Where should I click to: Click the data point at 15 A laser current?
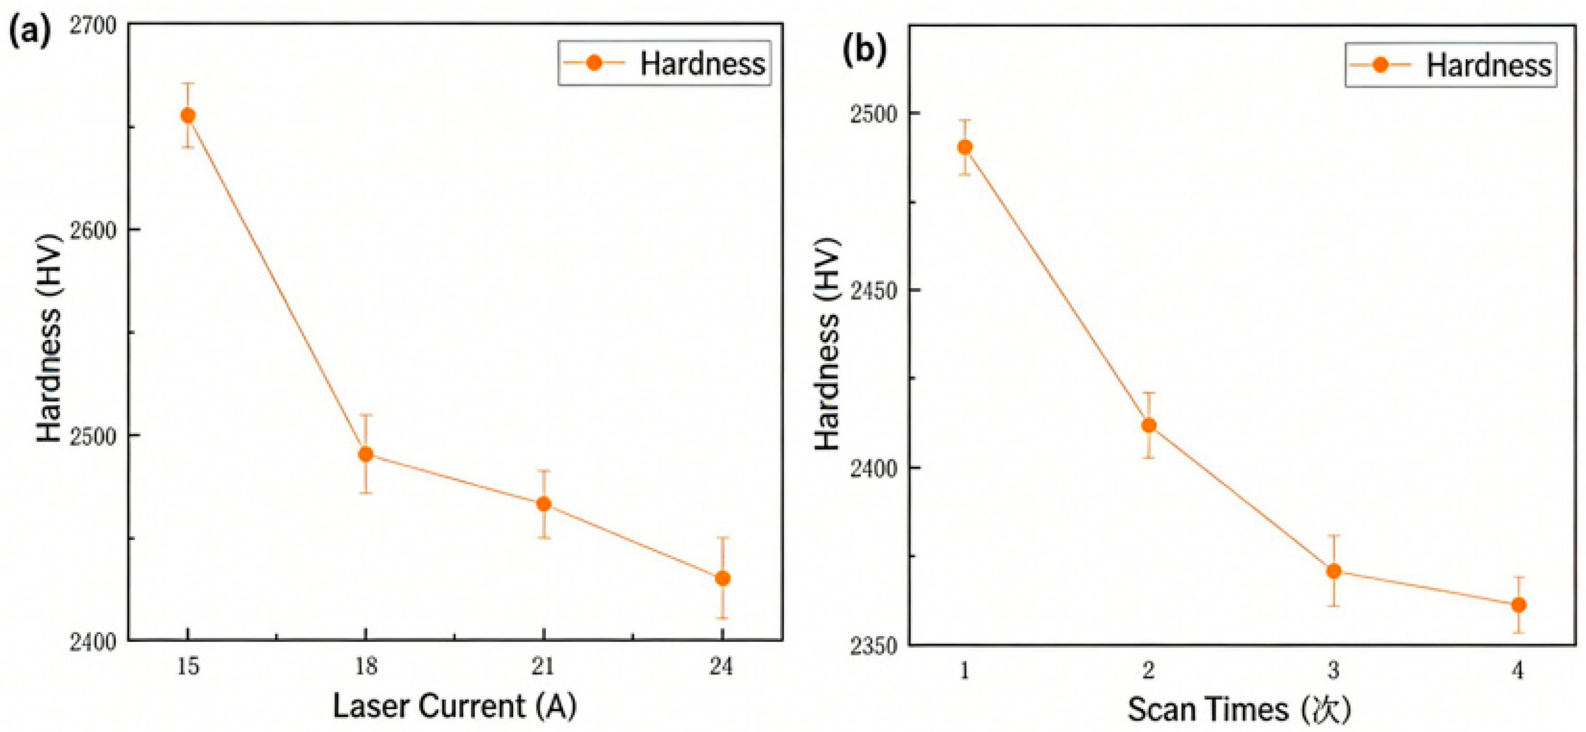tap(188, 115)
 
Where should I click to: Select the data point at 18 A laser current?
tap(366, 455)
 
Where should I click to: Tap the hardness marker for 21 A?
tap(543, 503)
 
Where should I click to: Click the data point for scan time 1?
tap(965, 147)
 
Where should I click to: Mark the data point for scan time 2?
tap(1149, 425)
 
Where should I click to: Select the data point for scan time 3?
tap(1334, 571)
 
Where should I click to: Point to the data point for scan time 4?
tap(1518, 605)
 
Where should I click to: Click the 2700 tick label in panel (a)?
tap(92, 26)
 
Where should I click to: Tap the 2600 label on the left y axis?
tap(92, 230)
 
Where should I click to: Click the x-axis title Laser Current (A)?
tap(454, 706)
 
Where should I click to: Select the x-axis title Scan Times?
tap(1239, 709)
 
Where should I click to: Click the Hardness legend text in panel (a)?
tap(702, 64)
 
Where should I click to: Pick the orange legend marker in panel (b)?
tap(1380, 65)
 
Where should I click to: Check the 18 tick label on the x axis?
tap(366, 666)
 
